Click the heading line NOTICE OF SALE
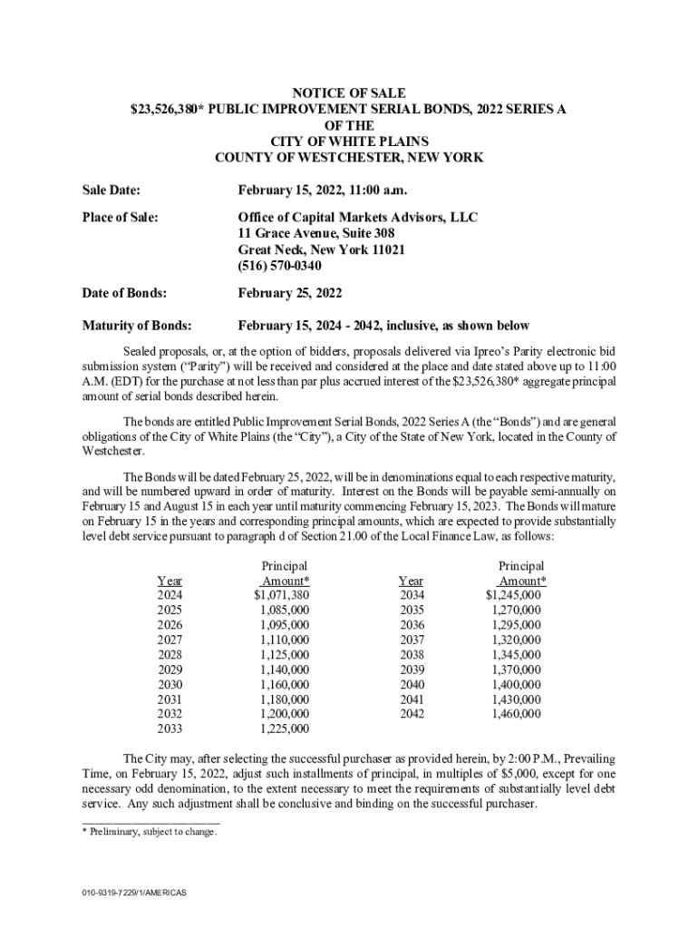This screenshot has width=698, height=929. [349, 93]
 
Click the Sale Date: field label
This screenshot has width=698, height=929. [111, 190]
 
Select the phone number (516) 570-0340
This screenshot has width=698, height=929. [280, 266]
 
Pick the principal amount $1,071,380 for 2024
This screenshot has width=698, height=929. [282, 595]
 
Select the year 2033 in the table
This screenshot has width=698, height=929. [170, 729]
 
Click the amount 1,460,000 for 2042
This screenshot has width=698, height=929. [516, 714]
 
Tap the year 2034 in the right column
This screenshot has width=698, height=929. [412, 595]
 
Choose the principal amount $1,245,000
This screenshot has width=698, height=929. [513, 595]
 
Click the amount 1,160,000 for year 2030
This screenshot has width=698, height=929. [284, 684]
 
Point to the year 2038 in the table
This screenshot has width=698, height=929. [412, 654]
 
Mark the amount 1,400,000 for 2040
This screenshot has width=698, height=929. [516, 684]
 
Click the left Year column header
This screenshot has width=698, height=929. [170, 581]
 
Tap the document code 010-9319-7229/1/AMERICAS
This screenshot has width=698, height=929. [133, 894]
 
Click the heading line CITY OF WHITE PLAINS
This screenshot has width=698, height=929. [349, 142]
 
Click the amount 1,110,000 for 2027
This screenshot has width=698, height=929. [284, 640]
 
